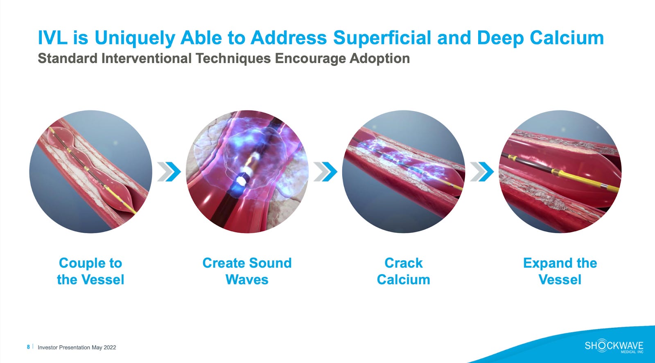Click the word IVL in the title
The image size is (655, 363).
click(52, 38)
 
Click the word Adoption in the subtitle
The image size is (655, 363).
click(379, 59)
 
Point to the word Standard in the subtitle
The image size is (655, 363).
click(67, 59)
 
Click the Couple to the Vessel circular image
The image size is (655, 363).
click(90, 171)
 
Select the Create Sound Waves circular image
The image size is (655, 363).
click(247, 171)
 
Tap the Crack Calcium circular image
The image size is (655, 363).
click(404, 171)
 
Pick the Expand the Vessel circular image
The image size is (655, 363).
click(560, 171)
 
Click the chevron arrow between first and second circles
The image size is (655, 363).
click(169, 171)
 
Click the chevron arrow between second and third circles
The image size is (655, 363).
click(325, 171)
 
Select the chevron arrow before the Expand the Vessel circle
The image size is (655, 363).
click(482, 171)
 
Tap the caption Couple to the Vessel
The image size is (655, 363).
click(90, 271)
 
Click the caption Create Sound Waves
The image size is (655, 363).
click(247, 271)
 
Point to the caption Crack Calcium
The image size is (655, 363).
click(404, 271)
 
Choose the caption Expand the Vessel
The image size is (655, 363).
click(560, 271)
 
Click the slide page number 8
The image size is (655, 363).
click(28, 347)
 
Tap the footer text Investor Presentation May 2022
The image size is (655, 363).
click(77, 347)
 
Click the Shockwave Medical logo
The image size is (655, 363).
click(614, 346)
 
